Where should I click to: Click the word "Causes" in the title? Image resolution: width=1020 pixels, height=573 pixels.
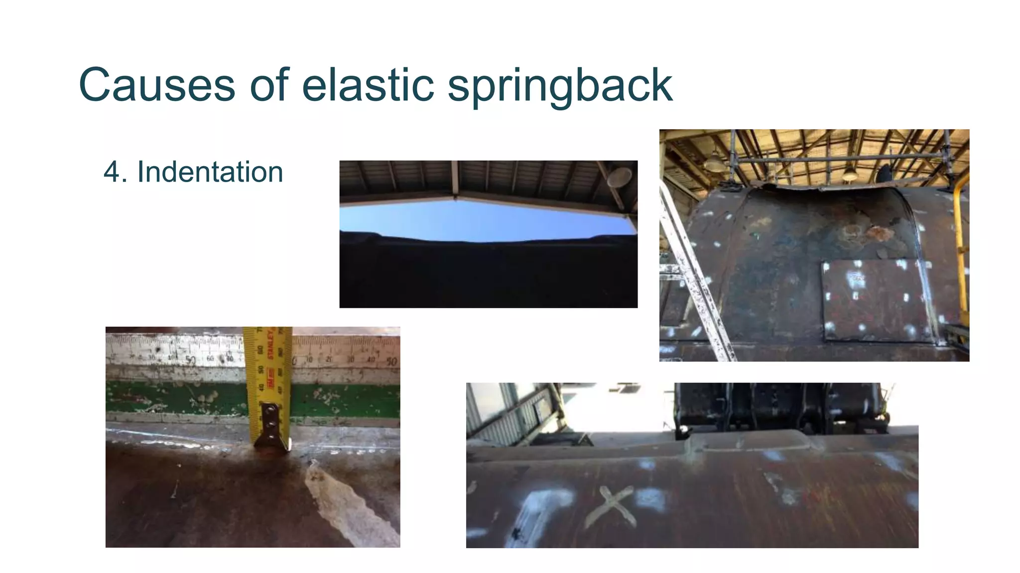tap(157, 85)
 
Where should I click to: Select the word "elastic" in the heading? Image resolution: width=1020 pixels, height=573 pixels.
tap(368, 85)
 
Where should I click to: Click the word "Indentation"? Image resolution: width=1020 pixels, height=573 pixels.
tap(210, 172)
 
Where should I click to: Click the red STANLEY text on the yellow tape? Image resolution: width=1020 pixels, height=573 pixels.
tap(271, 343)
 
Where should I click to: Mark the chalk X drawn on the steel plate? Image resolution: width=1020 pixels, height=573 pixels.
tap(610, 506)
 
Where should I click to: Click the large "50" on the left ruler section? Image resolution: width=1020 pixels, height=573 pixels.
tap(190, 359)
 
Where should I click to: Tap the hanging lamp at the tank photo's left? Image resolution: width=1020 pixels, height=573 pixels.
tap(713, 160)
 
